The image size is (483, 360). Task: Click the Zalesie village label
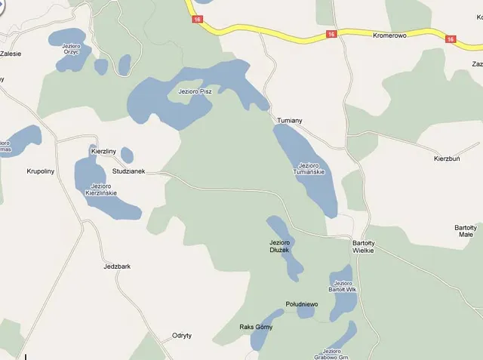coord(11,54)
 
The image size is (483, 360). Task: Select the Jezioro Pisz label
coord(195,91)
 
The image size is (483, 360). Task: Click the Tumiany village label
coord(290,121)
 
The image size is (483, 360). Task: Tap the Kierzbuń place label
coord(447,159)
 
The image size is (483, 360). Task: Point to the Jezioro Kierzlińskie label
coord(102,189)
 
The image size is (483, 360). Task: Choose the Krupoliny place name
coord(41,171)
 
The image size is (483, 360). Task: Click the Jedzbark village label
coord(117,266)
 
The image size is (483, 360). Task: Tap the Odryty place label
coord(182,335)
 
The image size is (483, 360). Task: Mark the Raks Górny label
coord(256,328)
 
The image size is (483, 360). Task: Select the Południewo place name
coord(302,304)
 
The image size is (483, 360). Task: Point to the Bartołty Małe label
coord(465,230)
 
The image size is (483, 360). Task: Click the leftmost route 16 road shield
coord(197,19)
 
